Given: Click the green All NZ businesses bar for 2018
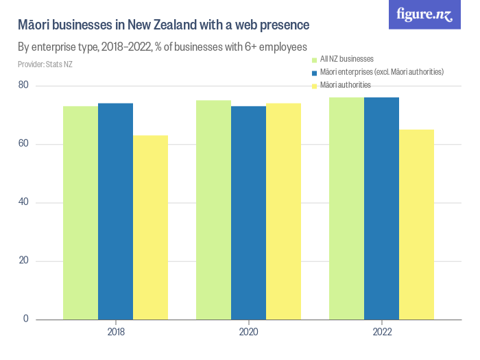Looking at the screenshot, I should [x=80, y=213].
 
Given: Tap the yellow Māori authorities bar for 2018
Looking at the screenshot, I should [x=150, y=227].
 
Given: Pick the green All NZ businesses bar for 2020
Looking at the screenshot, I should [x=213, y=210].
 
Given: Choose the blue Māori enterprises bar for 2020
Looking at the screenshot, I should [x=248, y=213].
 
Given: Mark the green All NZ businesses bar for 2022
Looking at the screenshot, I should [x=346, y=208].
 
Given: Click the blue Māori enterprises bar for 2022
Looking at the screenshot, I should [x=381, y=208].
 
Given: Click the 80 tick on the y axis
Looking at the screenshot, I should [x=23, y=86].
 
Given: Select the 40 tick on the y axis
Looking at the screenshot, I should [x=23, y=202].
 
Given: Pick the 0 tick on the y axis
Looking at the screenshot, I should [x=25, y=319].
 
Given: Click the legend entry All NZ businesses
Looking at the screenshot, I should [x=346, y=59].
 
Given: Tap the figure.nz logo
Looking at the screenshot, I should [x=424, y=14].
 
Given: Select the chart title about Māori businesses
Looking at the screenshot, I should [x=163, y=25].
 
